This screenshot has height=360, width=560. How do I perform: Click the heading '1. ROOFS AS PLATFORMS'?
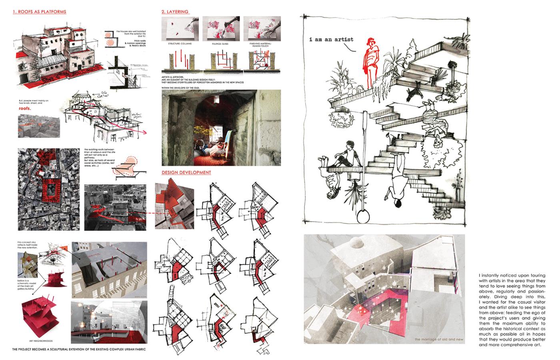pyautogui.click(x=39, y=12)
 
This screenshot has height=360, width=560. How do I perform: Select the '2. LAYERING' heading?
pyautogui.click(x=175, y=12)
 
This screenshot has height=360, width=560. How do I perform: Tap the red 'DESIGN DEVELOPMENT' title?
pyautogui.click(x=186, y=173)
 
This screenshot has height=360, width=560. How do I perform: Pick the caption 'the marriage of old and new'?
pyautogui.click(x=439, y=340)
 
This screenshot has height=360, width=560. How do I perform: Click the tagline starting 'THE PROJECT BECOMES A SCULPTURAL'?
pyautogui.click(x=78, y=350)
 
